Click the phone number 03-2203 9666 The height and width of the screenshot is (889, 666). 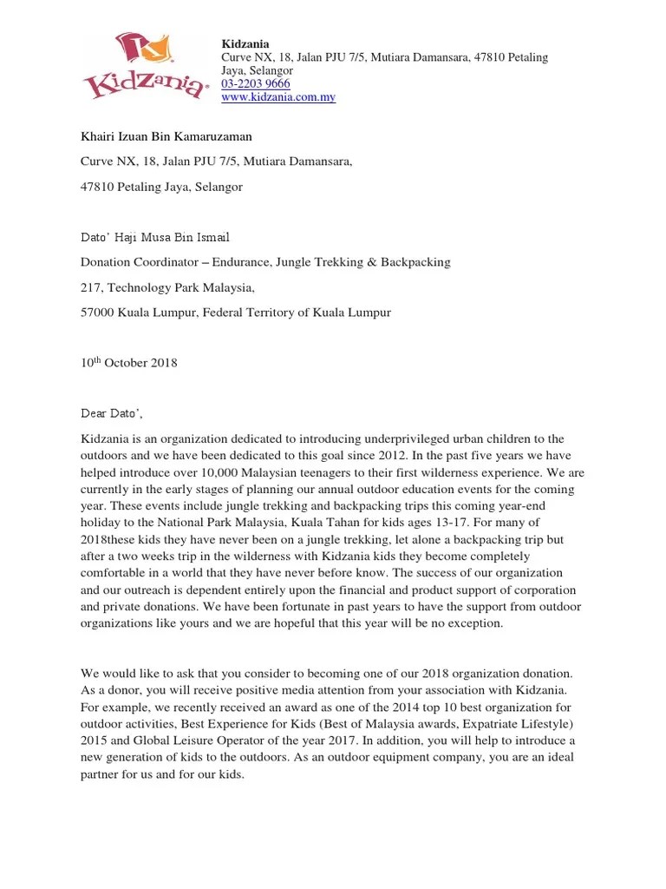click(256, 83)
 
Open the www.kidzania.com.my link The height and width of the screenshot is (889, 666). click(278, 97)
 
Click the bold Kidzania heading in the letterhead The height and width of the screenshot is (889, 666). click(245, 43)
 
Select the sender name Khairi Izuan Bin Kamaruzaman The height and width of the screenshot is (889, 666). click(166, 136)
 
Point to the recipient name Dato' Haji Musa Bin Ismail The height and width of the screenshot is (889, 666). click(155, 237)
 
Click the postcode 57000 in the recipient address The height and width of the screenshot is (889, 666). click(98, 313)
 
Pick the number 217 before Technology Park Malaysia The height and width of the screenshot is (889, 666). click(91, 287)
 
